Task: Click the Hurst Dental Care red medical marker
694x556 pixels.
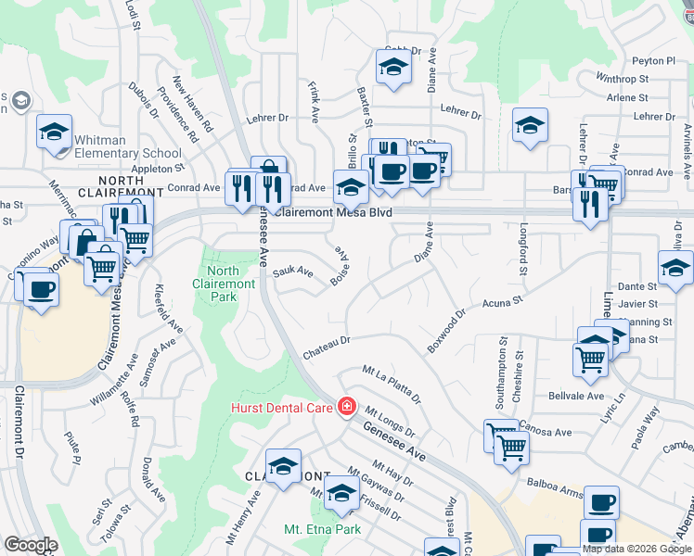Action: pos(346,407)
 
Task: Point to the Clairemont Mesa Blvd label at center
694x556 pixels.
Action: pos(335,212)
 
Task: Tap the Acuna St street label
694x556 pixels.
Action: pos(503,302)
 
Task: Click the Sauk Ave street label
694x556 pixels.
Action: pos(293,272)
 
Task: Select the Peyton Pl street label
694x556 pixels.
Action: pos(653,60)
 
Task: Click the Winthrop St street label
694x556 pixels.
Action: pos(623,79)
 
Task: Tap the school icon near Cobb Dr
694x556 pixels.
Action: pos(393,68)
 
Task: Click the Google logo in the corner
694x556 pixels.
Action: pos(31,545)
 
